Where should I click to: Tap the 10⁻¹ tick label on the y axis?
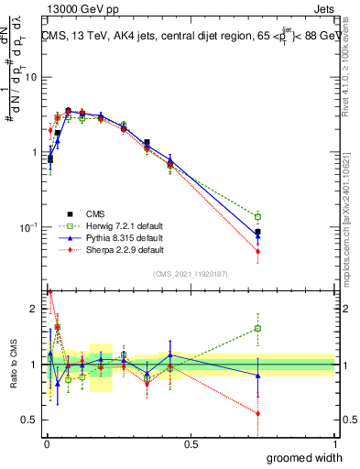point(27,227)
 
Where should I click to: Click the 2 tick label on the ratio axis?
point(32,309)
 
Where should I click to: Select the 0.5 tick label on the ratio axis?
point(29,420)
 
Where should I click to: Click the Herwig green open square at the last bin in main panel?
point(258,216)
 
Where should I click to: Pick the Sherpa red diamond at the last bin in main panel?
point(258,251)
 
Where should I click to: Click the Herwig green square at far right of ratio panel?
point(258,328)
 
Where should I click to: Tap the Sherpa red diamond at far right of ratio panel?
point(258,413)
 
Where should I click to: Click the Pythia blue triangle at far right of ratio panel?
point(258,376)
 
